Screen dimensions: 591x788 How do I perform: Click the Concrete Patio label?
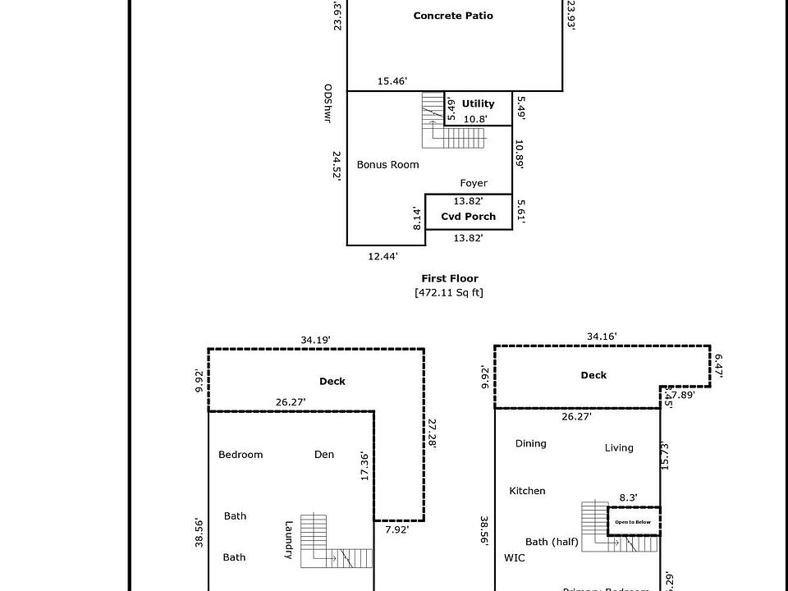453,16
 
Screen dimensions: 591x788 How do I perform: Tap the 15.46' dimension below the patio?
392,80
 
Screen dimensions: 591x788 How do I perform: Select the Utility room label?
478,103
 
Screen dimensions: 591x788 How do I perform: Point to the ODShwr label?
328,103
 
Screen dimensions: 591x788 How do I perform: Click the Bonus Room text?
387,164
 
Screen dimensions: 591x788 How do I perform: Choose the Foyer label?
474,183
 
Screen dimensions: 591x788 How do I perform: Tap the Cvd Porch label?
469,217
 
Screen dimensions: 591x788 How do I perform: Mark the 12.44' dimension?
383,256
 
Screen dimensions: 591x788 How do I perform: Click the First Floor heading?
450,278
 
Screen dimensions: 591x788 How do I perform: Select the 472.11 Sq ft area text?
450,292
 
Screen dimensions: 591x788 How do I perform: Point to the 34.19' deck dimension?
316,339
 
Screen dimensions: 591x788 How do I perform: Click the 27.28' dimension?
433,433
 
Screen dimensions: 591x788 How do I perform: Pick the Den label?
324,455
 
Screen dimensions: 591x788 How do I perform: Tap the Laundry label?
289,540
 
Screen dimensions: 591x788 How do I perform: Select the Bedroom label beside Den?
241,455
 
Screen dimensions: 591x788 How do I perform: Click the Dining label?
530,443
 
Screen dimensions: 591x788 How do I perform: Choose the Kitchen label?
527,491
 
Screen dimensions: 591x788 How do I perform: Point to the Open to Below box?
633,522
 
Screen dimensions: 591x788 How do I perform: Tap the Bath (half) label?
552,542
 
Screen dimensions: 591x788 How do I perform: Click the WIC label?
514,557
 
